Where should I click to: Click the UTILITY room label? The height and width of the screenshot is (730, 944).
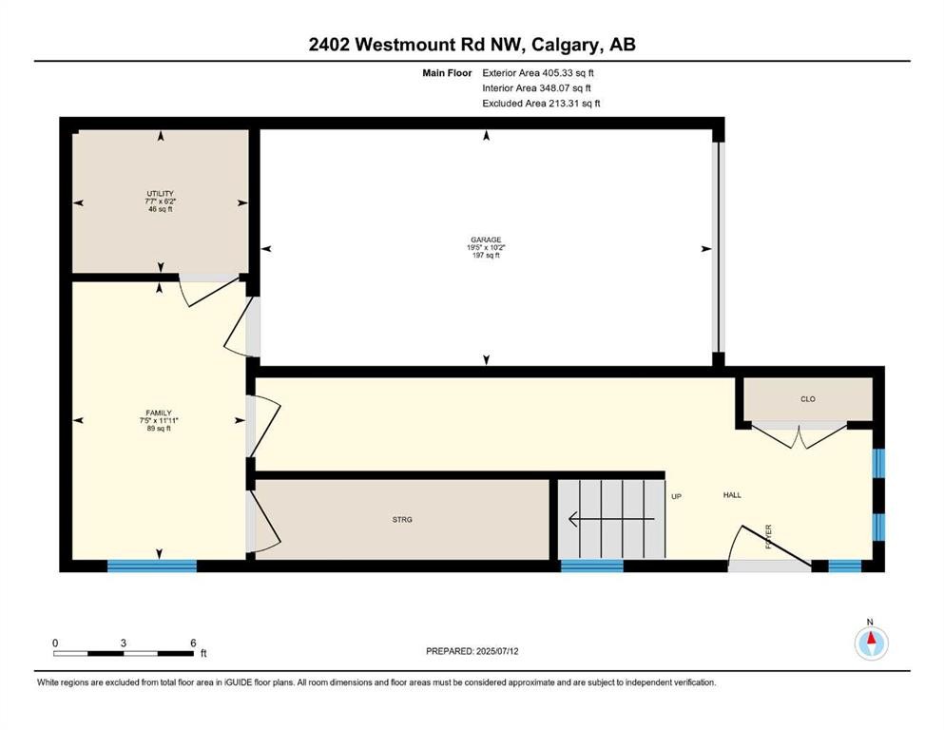[x=160, y=193]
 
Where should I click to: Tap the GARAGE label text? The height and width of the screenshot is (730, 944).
[x=486, y=240]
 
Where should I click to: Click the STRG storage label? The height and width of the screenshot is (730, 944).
[x=402, y=519]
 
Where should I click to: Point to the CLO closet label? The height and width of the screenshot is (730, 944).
[x=808, y=399]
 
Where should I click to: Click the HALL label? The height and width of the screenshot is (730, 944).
[x=732, y=495]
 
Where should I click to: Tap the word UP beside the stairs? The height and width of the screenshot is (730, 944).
[x=677, y=495]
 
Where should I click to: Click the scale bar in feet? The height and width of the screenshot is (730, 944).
[x=124, y=653]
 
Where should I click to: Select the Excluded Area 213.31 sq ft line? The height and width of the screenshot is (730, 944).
[x=541, y=104]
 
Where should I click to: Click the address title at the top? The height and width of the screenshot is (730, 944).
[x=472, y=45]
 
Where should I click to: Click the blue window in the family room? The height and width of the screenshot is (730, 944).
[x=151, y=566]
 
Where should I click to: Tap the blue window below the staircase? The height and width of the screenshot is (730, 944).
[x=591, y=566]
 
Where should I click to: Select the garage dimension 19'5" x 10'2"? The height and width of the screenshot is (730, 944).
[x=486, y=248]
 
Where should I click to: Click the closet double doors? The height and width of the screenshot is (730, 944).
[x=800, y=435]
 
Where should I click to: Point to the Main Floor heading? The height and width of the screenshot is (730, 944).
[x=447, y=72]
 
